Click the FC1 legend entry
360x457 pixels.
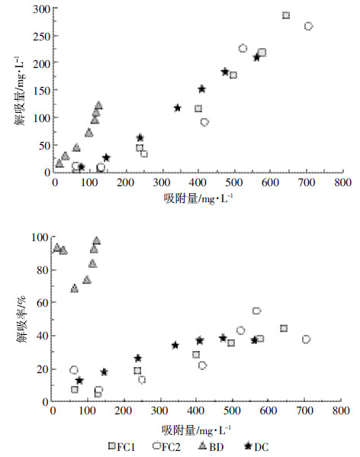click(x=121, y=446)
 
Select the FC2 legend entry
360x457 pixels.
click(x=166, y=446)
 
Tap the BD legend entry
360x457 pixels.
click(x=211, y=446)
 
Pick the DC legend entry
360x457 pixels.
click(x=256, y=446)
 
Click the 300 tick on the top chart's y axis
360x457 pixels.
click(x=41, y=9)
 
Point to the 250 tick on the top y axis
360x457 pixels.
click(x=41, y=36)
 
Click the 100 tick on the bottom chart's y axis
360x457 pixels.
click(x=40, y=237)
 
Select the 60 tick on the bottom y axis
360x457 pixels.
click(x=42, y=303)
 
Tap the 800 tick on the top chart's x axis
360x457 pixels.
click(x=342, y=182)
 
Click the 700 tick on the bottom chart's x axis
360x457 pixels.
click(x=304, y=410)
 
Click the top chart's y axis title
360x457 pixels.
click(x=21, y=91)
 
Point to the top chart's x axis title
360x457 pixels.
click(x=198, y=199)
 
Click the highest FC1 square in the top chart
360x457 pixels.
click(x=286, y=15)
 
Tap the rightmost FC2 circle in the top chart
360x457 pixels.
click(x=308, y=26)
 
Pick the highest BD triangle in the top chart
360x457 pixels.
click(x=98, y=105)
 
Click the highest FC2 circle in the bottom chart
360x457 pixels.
click(x=256, y=311)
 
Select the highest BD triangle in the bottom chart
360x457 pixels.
click(x=97, y=241)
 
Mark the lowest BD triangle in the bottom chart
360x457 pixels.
click(x=75, y=288)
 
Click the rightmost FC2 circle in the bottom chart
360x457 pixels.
click(x=306, y=340)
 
